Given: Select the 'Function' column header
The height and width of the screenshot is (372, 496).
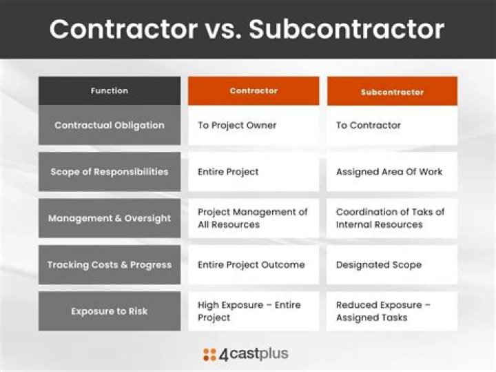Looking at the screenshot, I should click(110, 90).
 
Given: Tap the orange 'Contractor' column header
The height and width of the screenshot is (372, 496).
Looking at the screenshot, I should click(254, 90).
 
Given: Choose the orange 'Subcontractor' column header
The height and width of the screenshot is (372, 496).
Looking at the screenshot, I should click(392, 91).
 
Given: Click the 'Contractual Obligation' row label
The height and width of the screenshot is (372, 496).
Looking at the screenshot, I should click(110, 126).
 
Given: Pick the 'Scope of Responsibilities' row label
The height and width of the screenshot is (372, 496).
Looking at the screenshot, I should click(110, 172).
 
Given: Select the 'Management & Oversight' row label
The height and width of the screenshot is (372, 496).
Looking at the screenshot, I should click(110, 218).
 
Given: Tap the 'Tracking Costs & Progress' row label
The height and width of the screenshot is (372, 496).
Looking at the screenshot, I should click(110, 264).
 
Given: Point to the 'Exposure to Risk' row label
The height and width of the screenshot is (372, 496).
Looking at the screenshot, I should click(110, 311).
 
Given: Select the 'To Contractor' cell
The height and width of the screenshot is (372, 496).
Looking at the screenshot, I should click(368, 126).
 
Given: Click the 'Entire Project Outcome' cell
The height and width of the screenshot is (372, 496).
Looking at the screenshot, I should click(251, 264).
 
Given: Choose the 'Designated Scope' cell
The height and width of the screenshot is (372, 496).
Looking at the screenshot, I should click(378, 264).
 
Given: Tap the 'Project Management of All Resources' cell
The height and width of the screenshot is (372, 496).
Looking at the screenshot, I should click(252, 218).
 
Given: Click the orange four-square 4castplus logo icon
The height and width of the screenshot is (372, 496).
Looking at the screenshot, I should click(209, 355).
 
